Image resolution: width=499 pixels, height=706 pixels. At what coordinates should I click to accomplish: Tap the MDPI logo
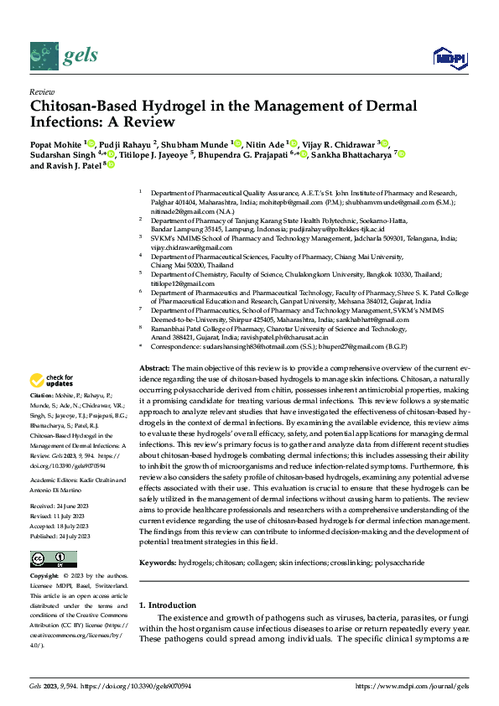pos(449,57)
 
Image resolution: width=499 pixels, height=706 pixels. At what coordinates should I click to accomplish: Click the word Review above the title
pos(41,91)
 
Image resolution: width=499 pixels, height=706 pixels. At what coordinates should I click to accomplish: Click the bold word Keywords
pos(157,538)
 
